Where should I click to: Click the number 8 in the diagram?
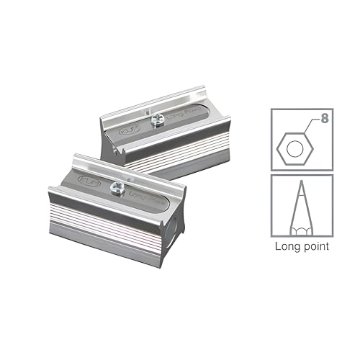(x=325, y=114)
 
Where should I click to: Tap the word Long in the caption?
(x=288, y=246)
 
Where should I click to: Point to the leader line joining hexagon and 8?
(x=313, y=122)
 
